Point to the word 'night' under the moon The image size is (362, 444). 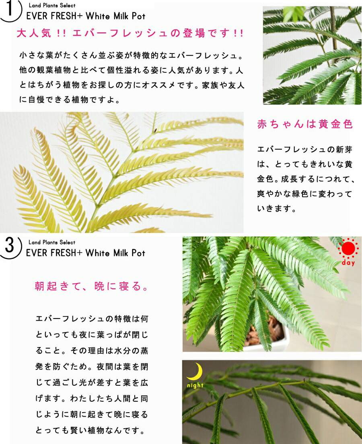pyautogui.click(x=195, y=385)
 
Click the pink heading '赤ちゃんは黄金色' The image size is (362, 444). pyautogui.click(x=305, y=124)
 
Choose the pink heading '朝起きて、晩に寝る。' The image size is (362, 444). pyautogui.click(x=92, y=286)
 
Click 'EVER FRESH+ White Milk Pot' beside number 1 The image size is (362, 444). pyautogui.click(x=86, y=16)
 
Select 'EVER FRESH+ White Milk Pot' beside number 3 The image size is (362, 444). pyautogui.click(x=86, y=253)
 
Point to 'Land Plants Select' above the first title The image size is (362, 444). pyautogui.click(x=52, y=6)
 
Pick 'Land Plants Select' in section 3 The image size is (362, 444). pyautogui.click(x=52, y=242)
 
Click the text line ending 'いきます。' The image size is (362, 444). pyautogui.click(x=277, y=209)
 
